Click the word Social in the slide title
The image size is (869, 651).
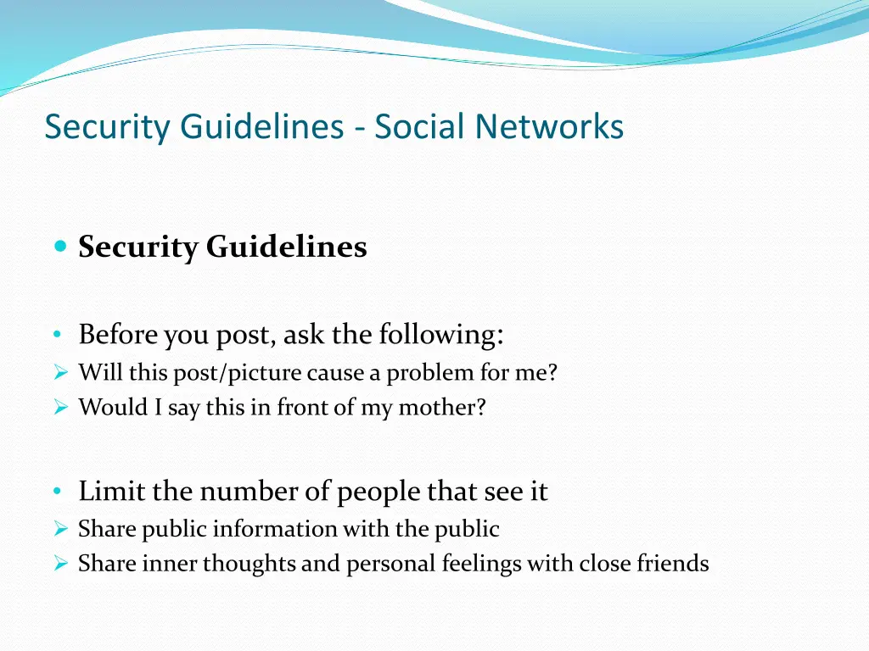coord(420,127)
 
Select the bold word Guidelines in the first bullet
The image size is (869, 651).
coord(286,248)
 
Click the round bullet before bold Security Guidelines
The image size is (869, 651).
coord(59,247)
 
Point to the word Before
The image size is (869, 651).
coord(118,335)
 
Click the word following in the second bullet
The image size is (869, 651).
coord(441,335)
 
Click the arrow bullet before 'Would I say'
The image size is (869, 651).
coord(59,408)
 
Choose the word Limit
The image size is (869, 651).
coord(110,492)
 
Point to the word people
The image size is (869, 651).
coord(379,492)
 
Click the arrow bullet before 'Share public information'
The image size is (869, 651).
coord(59,530)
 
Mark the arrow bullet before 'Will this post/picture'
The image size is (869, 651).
coord(59,373)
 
